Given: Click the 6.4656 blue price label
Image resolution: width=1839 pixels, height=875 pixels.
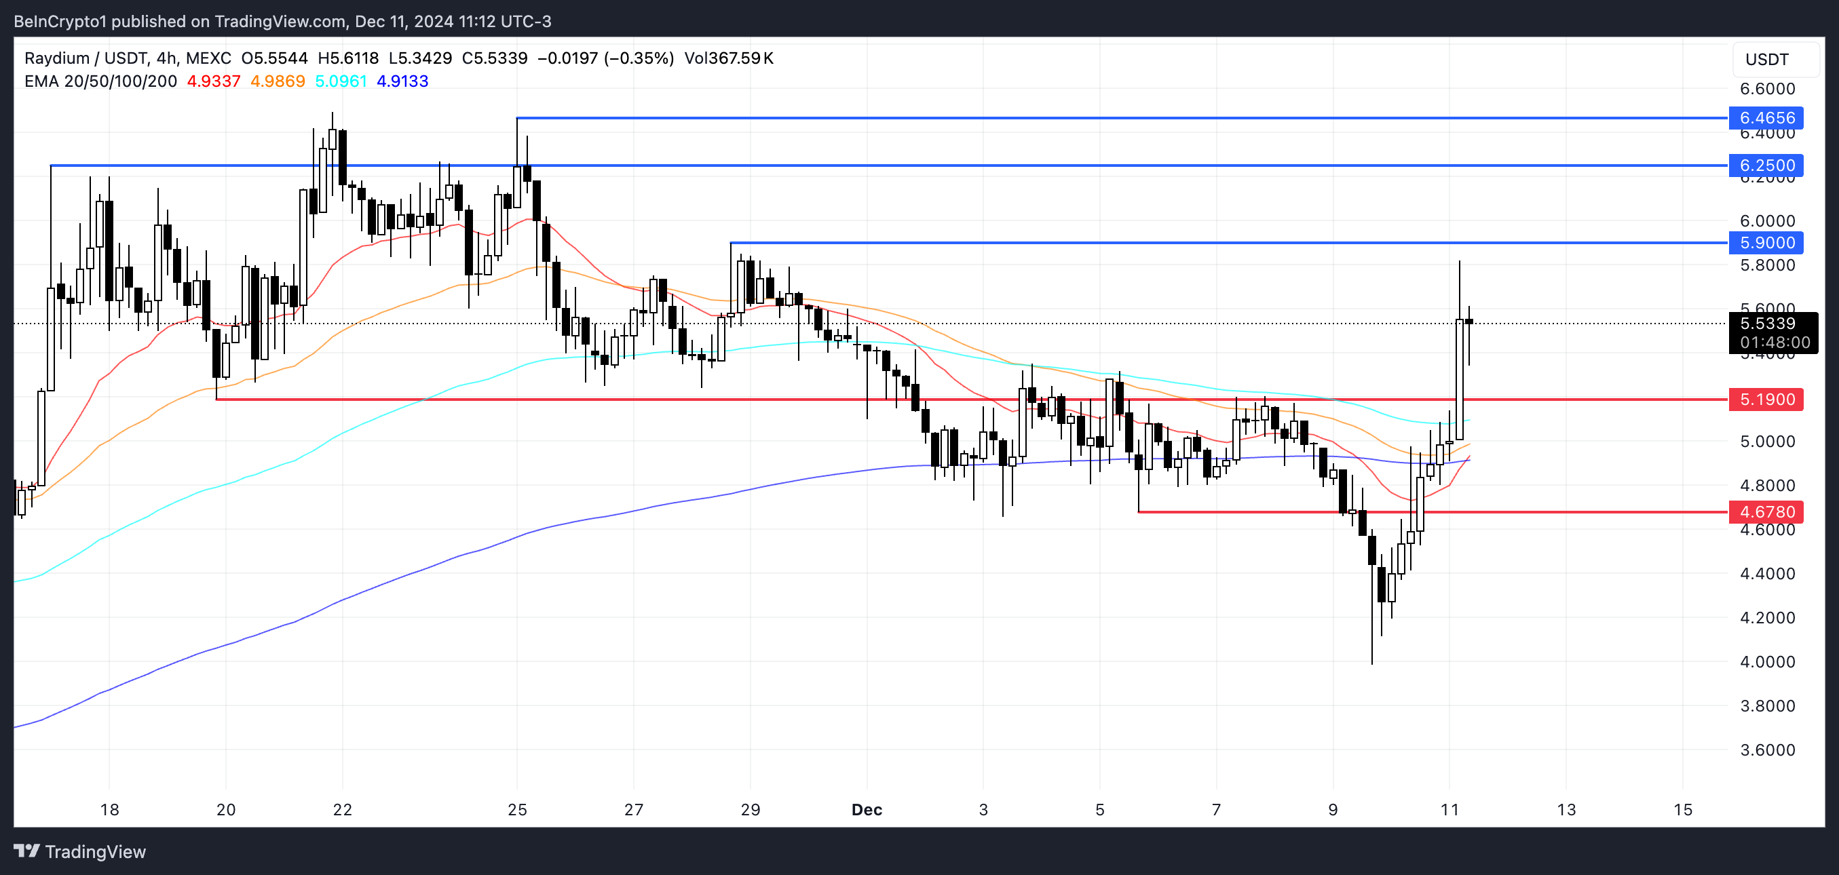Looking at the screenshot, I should (1766, 118).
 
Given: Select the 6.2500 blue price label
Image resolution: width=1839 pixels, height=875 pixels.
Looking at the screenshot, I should (1766, 166).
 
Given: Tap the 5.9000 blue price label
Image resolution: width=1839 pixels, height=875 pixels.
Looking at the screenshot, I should (1766, 243).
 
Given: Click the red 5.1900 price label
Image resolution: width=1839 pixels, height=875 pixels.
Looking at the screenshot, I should (1766, 399).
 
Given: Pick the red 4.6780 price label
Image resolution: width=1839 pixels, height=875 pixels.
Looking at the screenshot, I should (1766, 511).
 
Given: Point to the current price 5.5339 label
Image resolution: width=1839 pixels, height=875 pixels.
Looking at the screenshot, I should (1767, 324).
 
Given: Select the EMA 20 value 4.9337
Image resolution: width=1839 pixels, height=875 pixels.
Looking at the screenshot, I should (214, 81).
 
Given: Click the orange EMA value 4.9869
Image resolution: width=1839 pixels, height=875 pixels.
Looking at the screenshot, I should (277, 81).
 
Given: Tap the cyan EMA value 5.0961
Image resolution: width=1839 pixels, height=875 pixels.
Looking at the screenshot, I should (341, 81).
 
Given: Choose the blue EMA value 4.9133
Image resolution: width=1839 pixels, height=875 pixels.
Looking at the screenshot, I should (402, 81).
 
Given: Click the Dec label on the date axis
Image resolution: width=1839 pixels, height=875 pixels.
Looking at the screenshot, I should (867, 809).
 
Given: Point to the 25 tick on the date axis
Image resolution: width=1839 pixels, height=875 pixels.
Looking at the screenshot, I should (517, 809).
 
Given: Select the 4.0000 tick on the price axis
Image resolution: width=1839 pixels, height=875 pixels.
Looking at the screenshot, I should (1767, 661).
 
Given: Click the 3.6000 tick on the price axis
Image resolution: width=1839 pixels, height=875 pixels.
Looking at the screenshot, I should (1767, 750).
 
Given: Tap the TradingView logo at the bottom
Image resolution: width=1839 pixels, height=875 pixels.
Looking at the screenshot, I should (79, 851).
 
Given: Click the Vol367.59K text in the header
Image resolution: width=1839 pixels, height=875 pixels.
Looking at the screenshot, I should (728, 58).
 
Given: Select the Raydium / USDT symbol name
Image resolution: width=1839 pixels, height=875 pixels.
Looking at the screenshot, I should (85, 58).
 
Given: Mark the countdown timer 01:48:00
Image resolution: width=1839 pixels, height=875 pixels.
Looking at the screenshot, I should (1775, 343).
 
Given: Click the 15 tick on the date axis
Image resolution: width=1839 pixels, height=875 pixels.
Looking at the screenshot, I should (1683, 809).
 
